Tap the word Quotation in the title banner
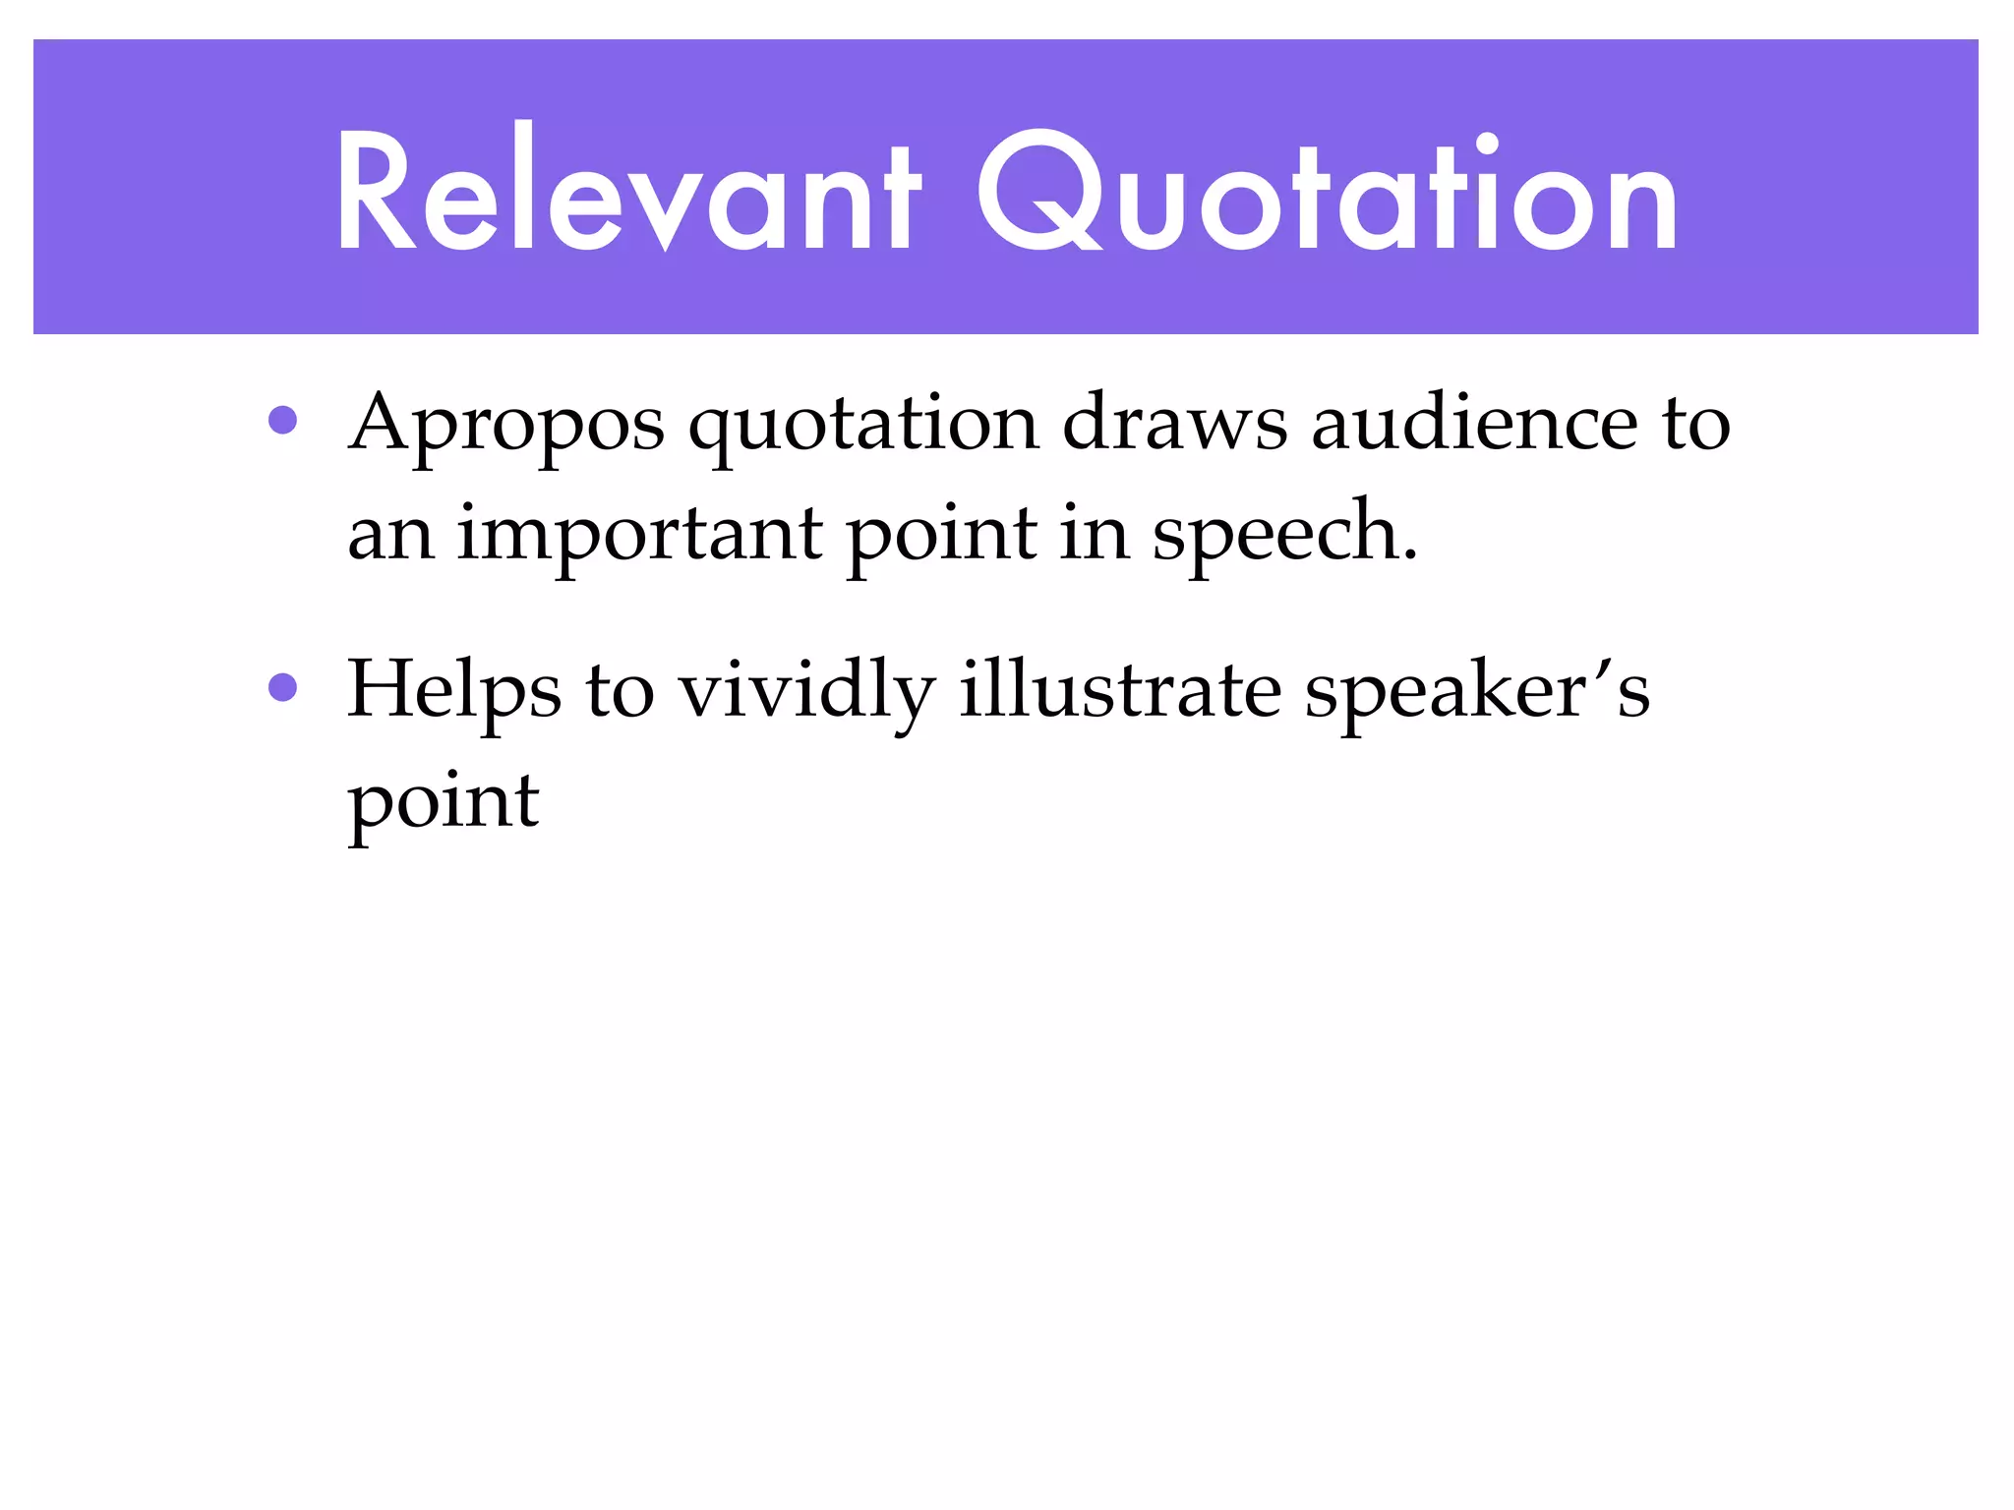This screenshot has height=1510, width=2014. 1327,192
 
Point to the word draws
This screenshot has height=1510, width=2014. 1174,423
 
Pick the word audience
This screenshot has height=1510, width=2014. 1474,423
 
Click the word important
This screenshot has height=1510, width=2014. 639,535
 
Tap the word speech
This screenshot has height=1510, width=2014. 1284,535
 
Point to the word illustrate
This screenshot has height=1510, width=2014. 1120,689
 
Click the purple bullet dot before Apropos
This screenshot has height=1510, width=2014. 283,421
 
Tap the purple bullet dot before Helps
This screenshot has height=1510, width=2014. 283,687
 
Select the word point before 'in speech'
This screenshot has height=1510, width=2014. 941,535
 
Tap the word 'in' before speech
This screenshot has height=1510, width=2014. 1095,533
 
